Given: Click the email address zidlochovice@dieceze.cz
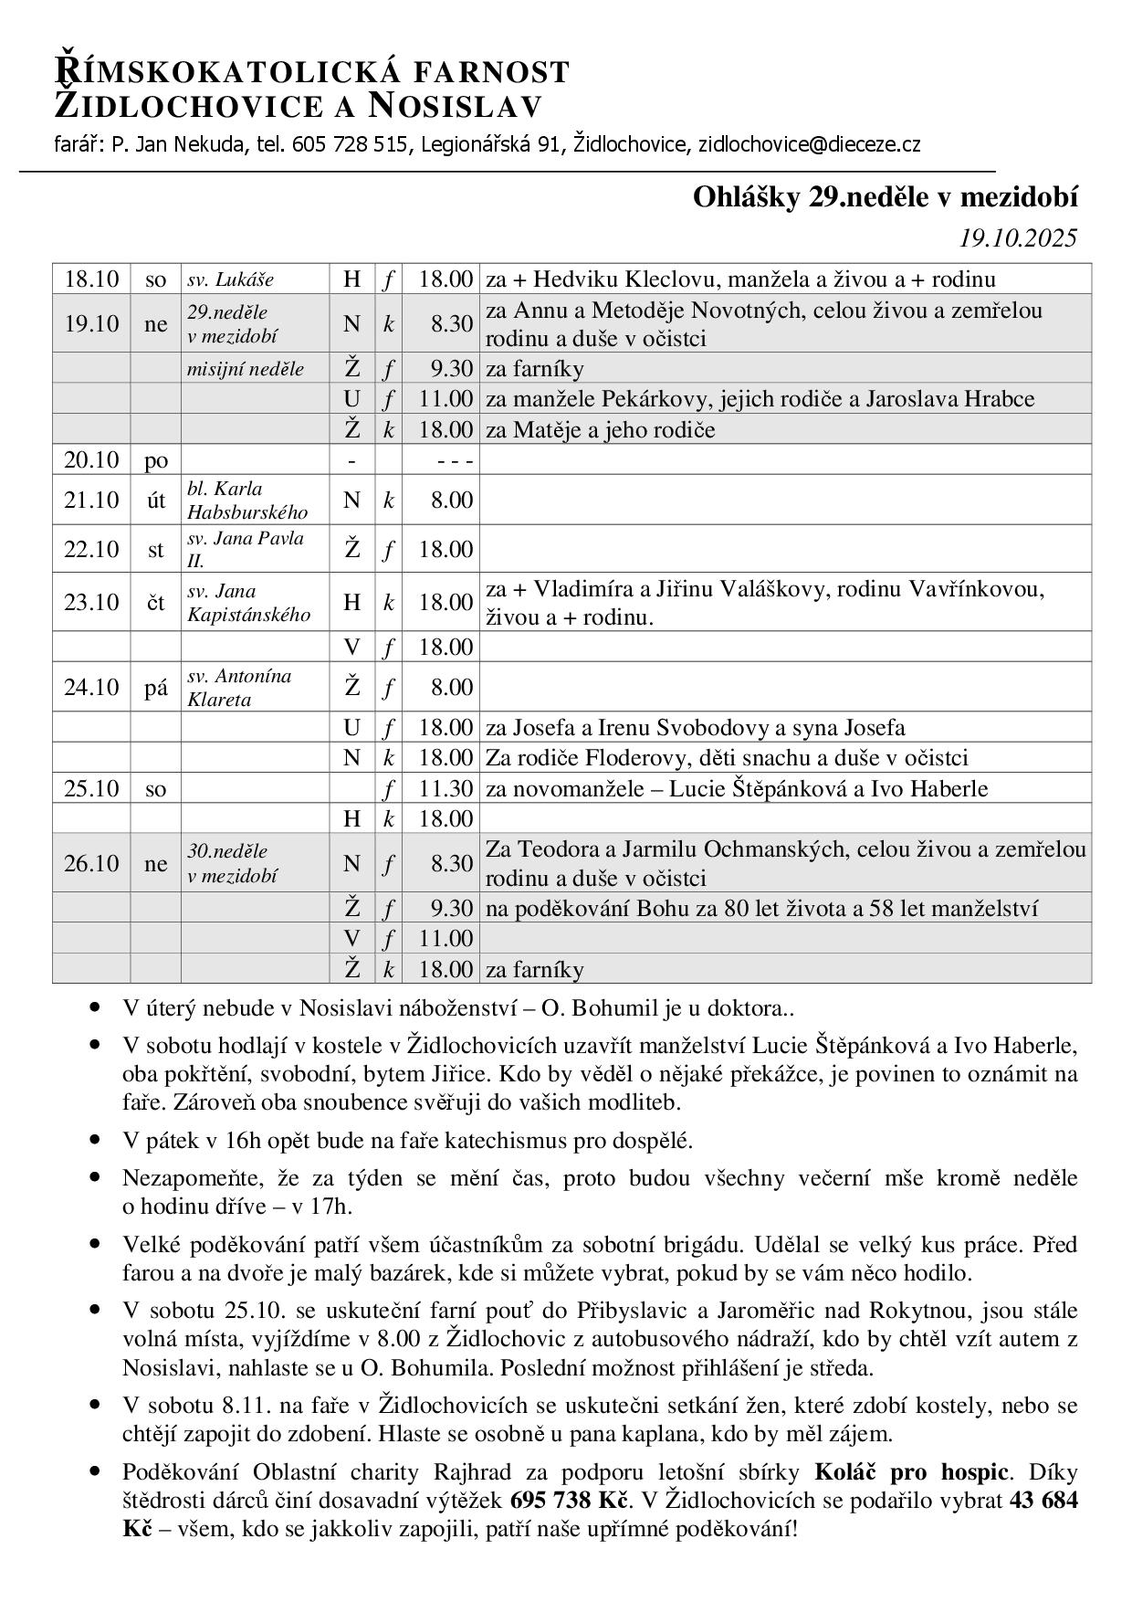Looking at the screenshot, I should [809, 144].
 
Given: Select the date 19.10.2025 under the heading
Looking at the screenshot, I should [1018, 238].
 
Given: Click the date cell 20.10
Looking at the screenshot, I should [91, 459].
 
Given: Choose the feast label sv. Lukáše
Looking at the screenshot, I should [230, 279].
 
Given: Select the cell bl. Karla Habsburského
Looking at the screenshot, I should [246, 500].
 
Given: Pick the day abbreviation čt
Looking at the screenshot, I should [156, 602].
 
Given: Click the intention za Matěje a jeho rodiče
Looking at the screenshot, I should [601, 429].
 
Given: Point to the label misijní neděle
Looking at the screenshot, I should [246, 369].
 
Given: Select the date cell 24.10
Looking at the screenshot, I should [91, 687].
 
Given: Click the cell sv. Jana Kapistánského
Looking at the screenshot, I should [248, 603].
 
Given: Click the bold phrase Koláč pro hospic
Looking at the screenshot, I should [911, 1471].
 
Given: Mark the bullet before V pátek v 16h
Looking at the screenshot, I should [96, 1140].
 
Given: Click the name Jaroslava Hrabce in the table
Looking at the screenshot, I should [950, 399].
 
